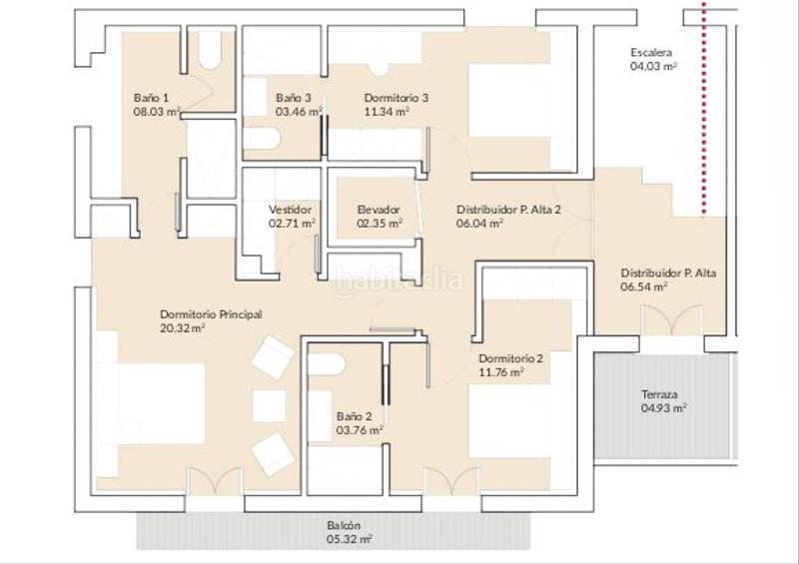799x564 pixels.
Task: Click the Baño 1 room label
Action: (152, 98)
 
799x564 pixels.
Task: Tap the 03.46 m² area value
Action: (299, 112)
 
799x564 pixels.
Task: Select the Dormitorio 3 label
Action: (397, 98)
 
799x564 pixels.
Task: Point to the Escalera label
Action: (651, 52)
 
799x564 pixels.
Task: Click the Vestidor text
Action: (290, 210)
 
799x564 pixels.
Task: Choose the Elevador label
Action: (379, 210)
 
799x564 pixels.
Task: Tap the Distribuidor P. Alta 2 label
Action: (508, 210)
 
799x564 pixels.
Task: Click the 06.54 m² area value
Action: (644, 286)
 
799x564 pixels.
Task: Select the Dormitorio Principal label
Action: (211, 314)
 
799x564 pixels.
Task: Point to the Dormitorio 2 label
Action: (510, 358)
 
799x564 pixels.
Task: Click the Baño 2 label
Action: (355, 416)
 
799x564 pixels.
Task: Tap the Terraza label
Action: (659, 395)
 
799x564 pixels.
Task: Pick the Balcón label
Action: (344, 525)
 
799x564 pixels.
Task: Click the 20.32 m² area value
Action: (183, 328)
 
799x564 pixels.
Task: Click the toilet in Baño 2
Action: (327, 364)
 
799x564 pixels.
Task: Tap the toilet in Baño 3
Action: (262, 139)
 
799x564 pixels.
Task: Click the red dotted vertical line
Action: (704, 107)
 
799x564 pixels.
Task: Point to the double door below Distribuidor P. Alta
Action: (672, 320)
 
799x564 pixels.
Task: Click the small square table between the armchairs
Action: (269, 406)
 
